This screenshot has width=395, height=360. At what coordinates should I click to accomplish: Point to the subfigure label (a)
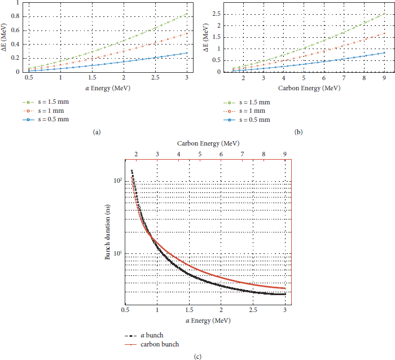[x=96, y=131]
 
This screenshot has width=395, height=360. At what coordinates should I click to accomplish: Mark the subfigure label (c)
[x=197, y=355]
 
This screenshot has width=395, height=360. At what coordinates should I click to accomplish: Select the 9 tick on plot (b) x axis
[x=384, y=78]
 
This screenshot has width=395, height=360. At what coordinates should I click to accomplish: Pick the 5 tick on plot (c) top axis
[x=200, y=153]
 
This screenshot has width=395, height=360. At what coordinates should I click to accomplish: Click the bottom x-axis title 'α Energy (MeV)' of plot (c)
[x=205, y=321]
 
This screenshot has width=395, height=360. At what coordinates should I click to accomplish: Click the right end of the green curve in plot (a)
[x=187, y=14]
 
